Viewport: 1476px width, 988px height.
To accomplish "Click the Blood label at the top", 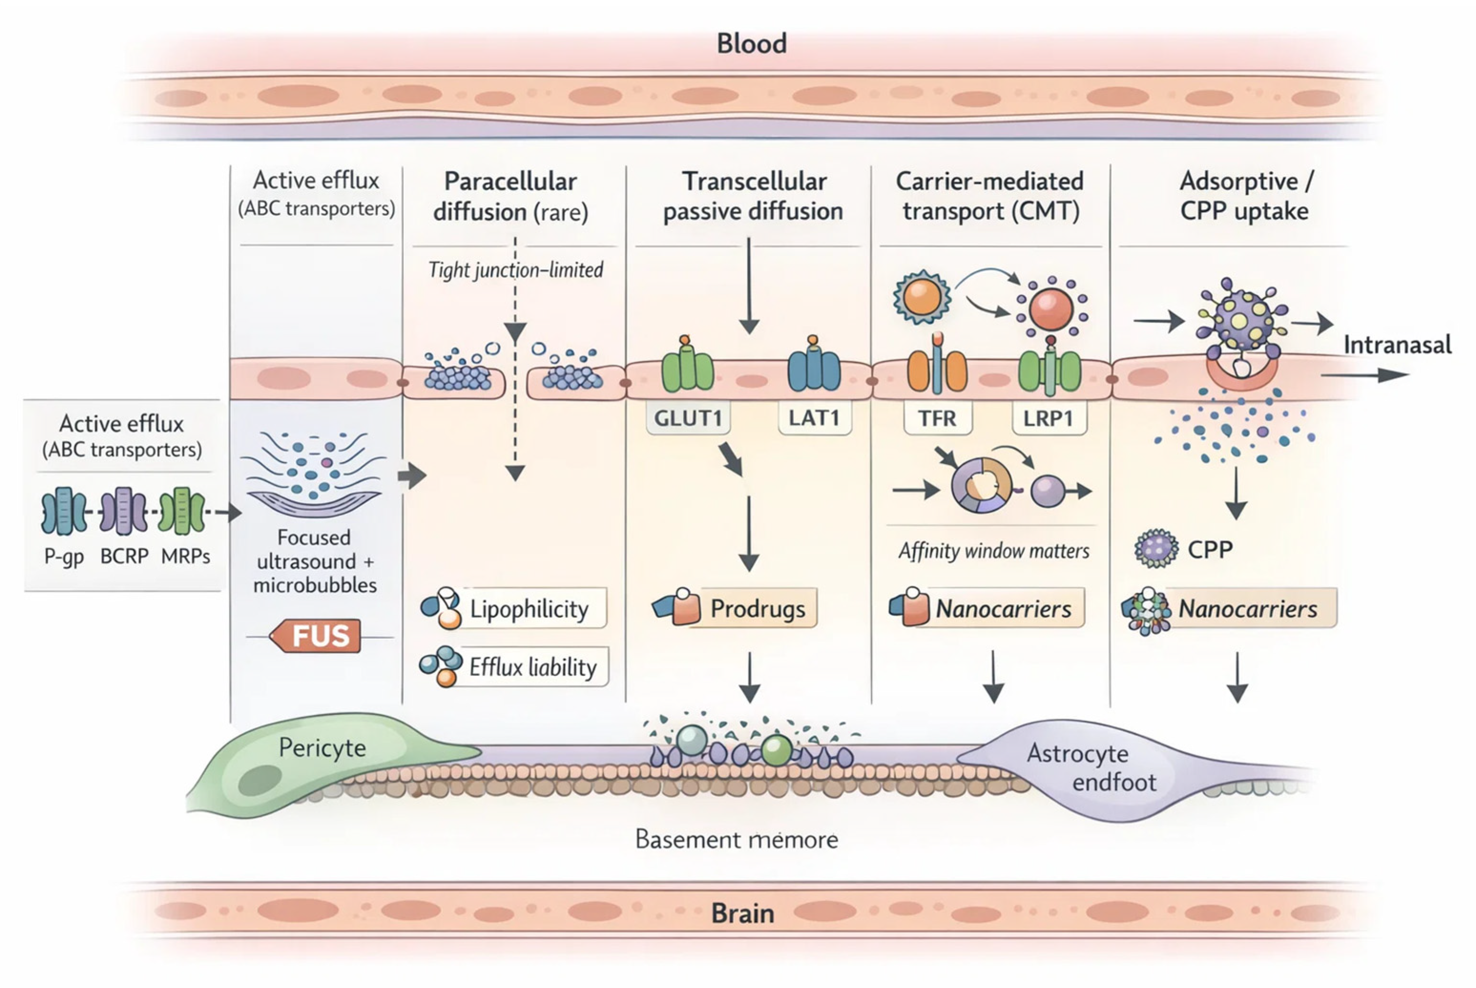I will point(752,43).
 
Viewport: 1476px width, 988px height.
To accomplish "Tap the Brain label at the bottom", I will point(743,913).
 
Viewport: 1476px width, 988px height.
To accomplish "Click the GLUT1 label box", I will point(688,418).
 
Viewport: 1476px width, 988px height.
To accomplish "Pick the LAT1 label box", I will point(814,418).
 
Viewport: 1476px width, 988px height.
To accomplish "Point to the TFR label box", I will point(937,418).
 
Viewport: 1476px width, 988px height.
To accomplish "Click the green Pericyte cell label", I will point(322,748).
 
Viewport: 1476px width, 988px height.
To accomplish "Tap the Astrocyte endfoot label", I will point(1091,767).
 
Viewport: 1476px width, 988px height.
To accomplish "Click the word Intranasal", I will point(1397,345).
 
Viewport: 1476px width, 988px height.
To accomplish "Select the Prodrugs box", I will point(757,609).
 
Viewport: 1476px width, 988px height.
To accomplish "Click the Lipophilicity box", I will point(528,609).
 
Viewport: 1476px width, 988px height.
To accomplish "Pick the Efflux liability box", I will point(532,667).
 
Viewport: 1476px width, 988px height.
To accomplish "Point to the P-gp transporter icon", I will point(64,511).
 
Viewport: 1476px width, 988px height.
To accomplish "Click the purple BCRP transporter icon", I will point(124,511).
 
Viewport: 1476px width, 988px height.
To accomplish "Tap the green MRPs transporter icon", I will point(182,511).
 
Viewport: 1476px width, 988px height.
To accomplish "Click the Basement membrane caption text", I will point(736,839).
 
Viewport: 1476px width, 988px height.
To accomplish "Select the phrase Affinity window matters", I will point(994,550).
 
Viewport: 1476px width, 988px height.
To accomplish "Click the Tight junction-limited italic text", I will point(515,270).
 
